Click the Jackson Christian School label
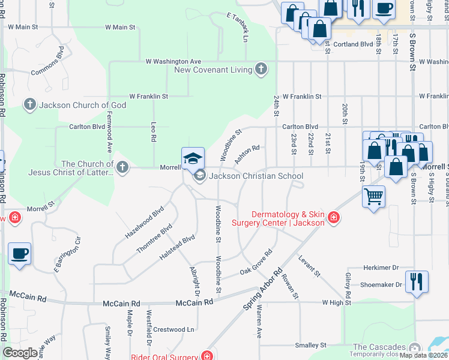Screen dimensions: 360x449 (256, 176)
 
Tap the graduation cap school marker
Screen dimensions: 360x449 (193, 158)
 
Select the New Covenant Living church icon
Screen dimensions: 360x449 (261, 70)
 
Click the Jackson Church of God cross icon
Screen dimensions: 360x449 (29, 105)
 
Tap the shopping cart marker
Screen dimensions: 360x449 (373, 196)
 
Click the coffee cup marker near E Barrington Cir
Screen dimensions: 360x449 (19, 253)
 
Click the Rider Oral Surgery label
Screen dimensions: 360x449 (164, 356)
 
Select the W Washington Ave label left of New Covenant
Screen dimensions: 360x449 (173, 61)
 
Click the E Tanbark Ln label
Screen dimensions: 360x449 (238, 28)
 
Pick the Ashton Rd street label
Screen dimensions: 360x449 (247, 154)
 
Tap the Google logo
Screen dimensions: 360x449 (20, 352)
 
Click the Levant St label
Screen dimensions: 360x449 (309, 266)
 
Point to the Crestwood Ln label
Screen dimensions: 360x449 (173, 329)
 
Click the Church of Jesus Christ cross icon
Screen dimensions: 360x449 (123, 167)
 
